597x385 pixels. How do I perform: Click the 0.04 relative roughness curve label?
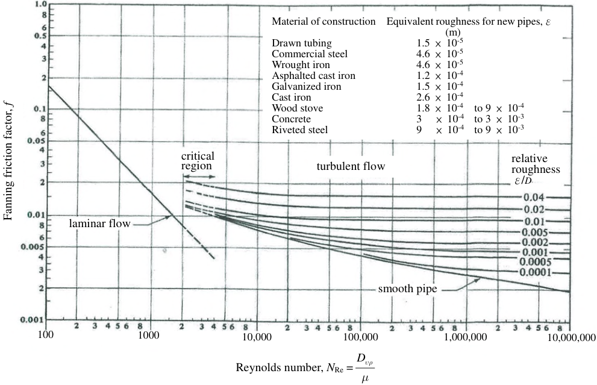point(534,197)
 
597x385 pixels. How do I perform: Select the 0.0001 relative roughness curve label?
point(536,272)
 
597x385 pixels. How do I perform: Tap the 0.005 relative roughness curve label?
point(535,233)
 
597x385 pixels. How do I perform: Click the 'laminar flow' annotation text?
point(100,223)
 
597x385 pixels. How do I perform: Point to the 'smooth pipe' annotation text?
point(407,289)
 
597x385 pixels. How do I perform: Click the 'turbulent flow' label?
point(351,166)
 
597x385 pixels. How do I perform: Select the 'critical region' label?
point(198,161)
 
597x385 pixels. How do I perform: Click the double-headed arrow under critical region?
point(199,177)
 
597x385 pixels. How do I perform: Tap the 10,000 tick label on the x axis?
point(257,337)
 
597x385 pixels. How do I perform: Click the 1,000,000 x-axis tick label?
point(466,337)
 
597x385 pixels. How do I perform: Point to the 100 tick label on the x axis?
point(46,335)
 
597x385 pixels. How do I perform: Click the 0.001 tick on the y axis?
point(33,319)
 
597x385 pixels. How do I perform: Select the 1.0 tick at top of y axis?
point(40,5)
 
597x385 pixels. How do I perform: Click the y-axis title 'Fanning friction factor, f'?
point(8,160)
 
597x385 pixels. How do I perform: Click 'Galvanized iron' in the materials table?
point(307,86)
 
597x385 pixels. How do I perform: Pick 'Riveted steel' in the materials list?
point(299,130)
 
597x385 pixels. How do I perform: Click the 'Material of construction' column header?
point(324,21)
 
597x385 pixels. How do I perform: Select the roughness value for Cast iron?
point(440,97)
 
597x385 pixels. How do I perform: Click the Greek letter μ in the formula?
point(364,379)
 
